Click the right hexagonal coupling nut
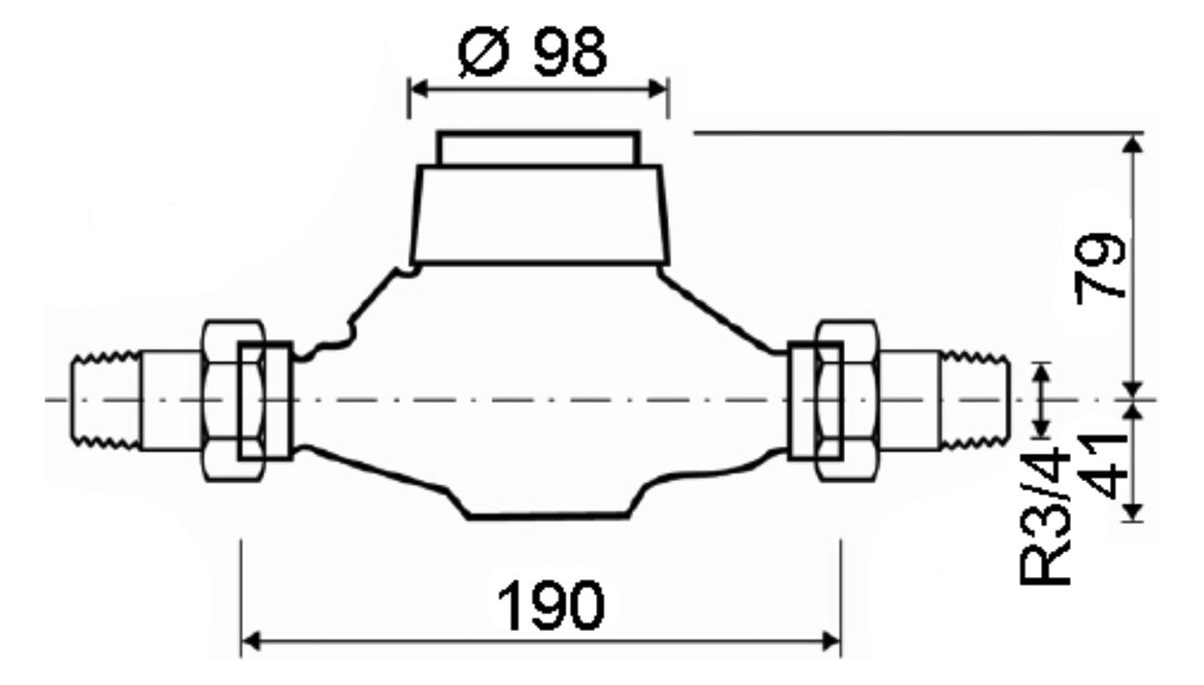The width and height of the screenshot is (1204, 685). point(847,399)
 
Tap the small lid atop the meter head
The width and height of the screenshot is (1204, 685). point(537,149)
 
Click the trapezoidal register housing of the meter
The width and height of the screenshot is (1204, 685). point(539,215)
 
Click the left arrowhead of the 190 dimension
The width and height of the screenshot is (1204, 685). point(250,640)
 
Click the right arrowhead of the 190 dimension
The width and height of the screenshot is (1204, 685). point(831,640)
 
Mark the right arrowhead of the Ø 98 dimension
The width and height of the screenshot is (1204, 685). point(659,88)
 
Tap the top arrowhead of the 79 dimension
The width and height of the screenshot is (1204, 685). point(1131,143)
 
